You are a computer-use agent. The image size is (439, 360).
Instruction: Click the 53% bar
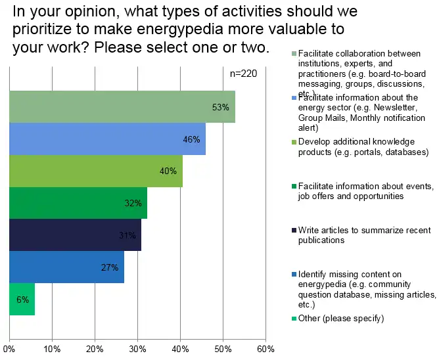pyautogui.click(x=122, y=107)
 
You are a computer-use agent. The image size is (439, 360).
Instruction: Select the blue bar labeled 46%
pyautogui.click(x=107, y=139)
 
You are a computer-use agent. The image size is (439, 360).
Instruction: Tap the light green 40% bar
pyautogui.click(x=95, y=171)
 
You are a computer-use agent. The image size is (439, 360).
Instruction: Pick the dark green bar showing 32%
pyautogui.click(x=78, y=203)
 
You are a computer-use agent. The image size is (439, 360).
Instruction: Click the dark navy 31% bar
pyautogui.click(x=75, y=235)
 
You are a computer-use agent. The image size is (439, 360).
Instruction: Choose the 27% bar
pyautogui.click(x=66, y=267)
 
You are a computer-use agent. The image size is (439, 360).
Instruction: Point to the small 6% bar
pyautogui.click(x=22, y=300)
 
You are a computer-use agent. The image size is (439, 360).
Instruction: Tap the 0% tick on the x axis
pyautogui.click(x=9, y=349)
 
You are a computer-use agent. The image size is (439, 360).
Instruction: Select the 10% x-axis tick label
pyautogui.click(x=52, y=349)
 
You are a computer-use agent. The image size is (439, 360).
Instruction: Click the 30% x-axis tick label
pyautogui.click(x=137, y=349)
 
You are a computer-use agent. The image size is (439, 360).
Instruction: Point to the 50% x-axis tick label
pyautogui.click(x=223, y=349)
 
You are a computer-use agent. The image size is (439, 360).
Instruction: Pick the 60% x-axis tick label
pyautogui.click(x=266, y=349)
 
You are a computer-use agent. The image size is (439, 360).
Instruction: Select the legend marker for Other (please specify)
pyautogui.click(x=293, y=318)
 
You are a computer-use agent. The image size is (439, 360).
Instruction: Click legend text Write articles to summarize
pyautogui.click(x=364, y=235)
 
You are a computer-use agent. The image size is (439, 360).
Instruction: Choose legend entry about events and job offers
pyautogui.click(x=364, y=191)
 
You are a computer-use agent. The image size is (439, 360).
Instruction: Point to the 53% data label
pyautogui.click(x=221, y=107)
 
